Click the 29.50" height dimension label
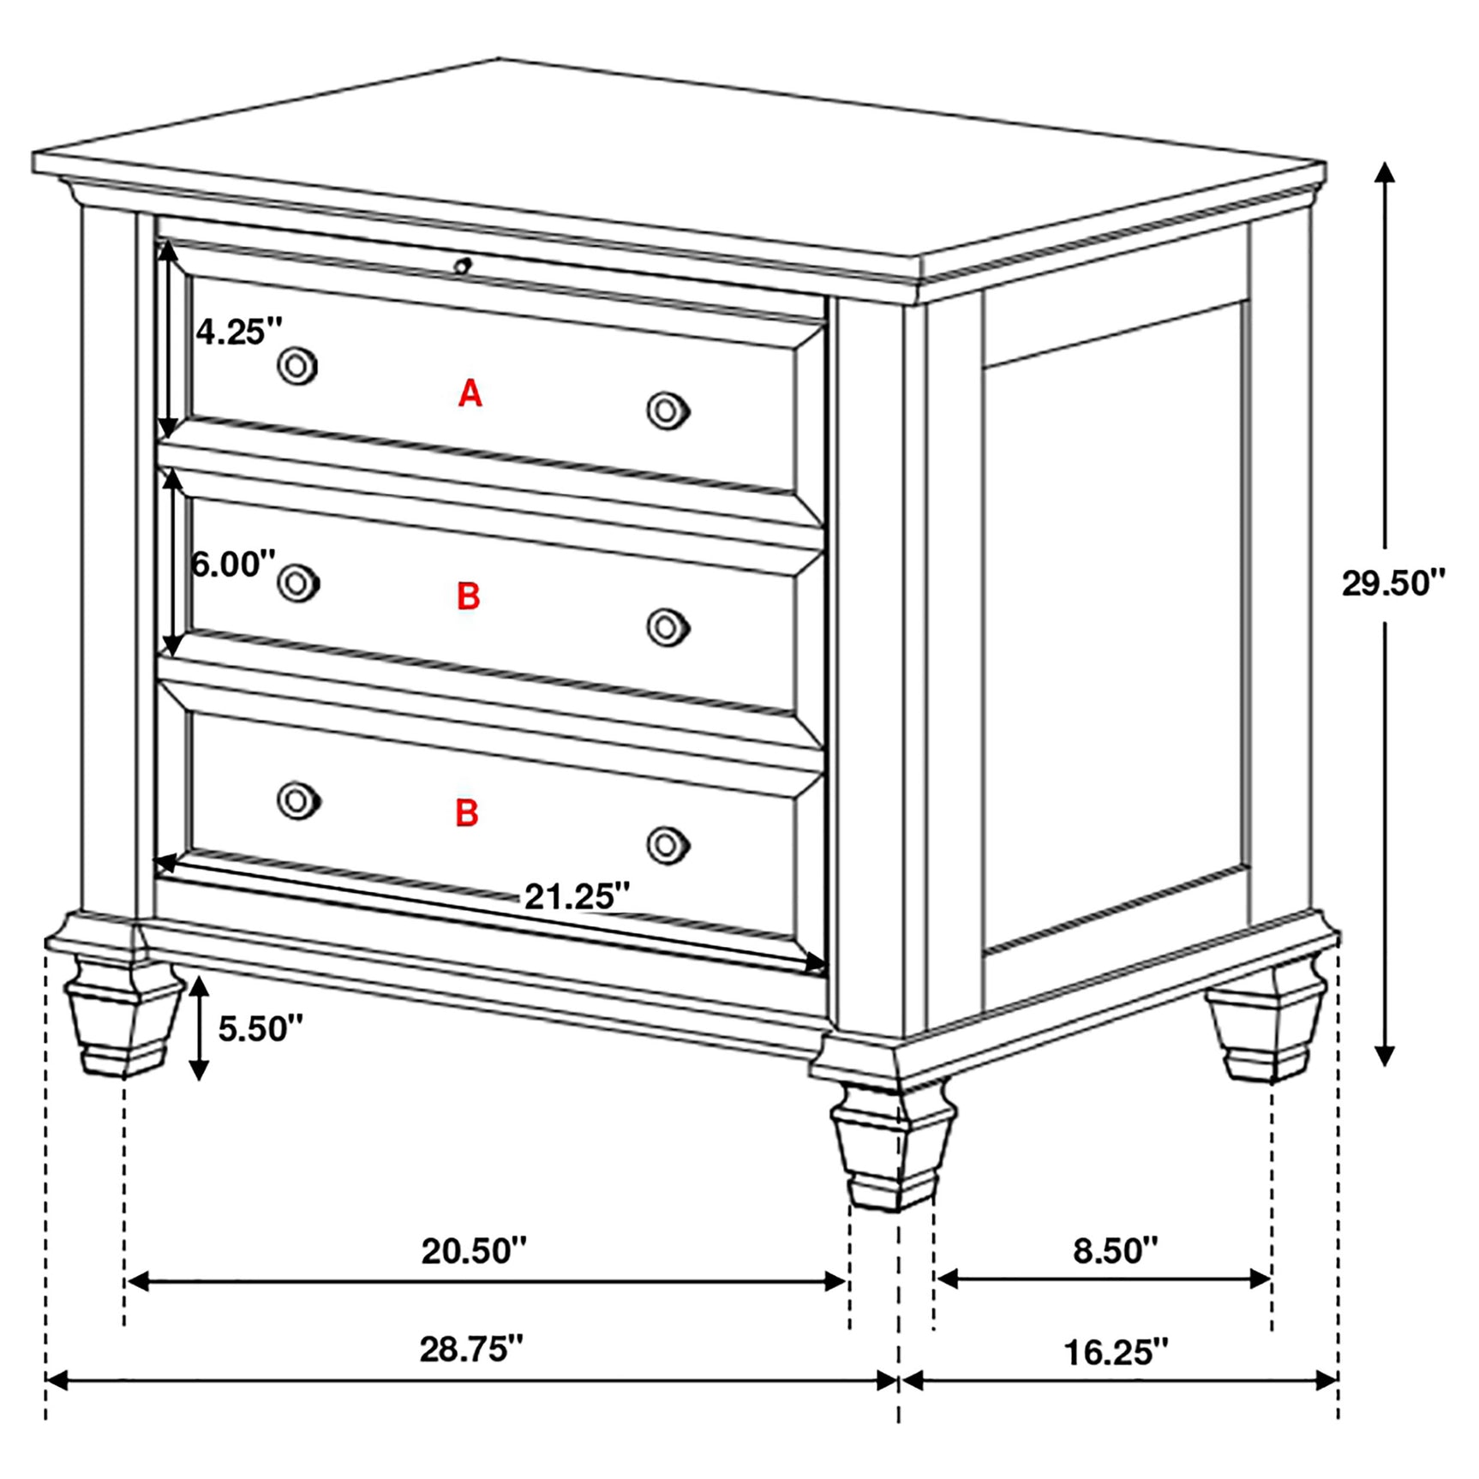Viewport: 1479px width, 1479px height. [1392, 584]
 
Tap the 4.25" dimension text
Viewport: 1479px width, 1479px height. [238, 331]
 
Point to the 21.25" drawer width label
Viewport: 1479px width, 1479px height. [577, 896]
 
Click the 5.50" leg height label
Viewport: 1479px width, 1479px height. [260, 1028]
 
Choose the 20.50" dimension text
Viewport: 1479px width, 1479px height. [474, 1251]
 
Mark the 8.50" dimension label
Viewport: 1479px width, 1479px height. [1115, 1251]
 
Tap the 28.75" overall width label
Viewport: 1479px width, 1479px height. [470, 1349]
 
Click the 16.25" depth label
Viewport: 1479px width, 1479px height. [1116, 1352]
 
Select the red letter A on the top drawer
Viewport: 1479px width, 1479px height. [470, 393]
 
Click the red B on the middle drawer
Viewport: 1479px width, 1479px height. [468, 596]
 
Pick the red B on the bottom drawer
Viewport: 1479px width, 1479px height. [467, 813]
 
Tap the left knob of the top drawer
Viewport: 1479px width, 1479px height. [297, 366]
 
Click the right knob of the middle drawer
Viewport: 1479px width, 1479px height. [668, 628]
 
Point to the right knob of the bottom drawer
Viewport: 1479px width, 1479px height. [668, 846]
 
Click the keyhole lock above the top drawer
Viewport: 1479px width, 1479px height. [463, 265]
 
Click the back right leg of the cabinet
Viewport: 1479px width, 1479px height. [1267, 1033]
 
